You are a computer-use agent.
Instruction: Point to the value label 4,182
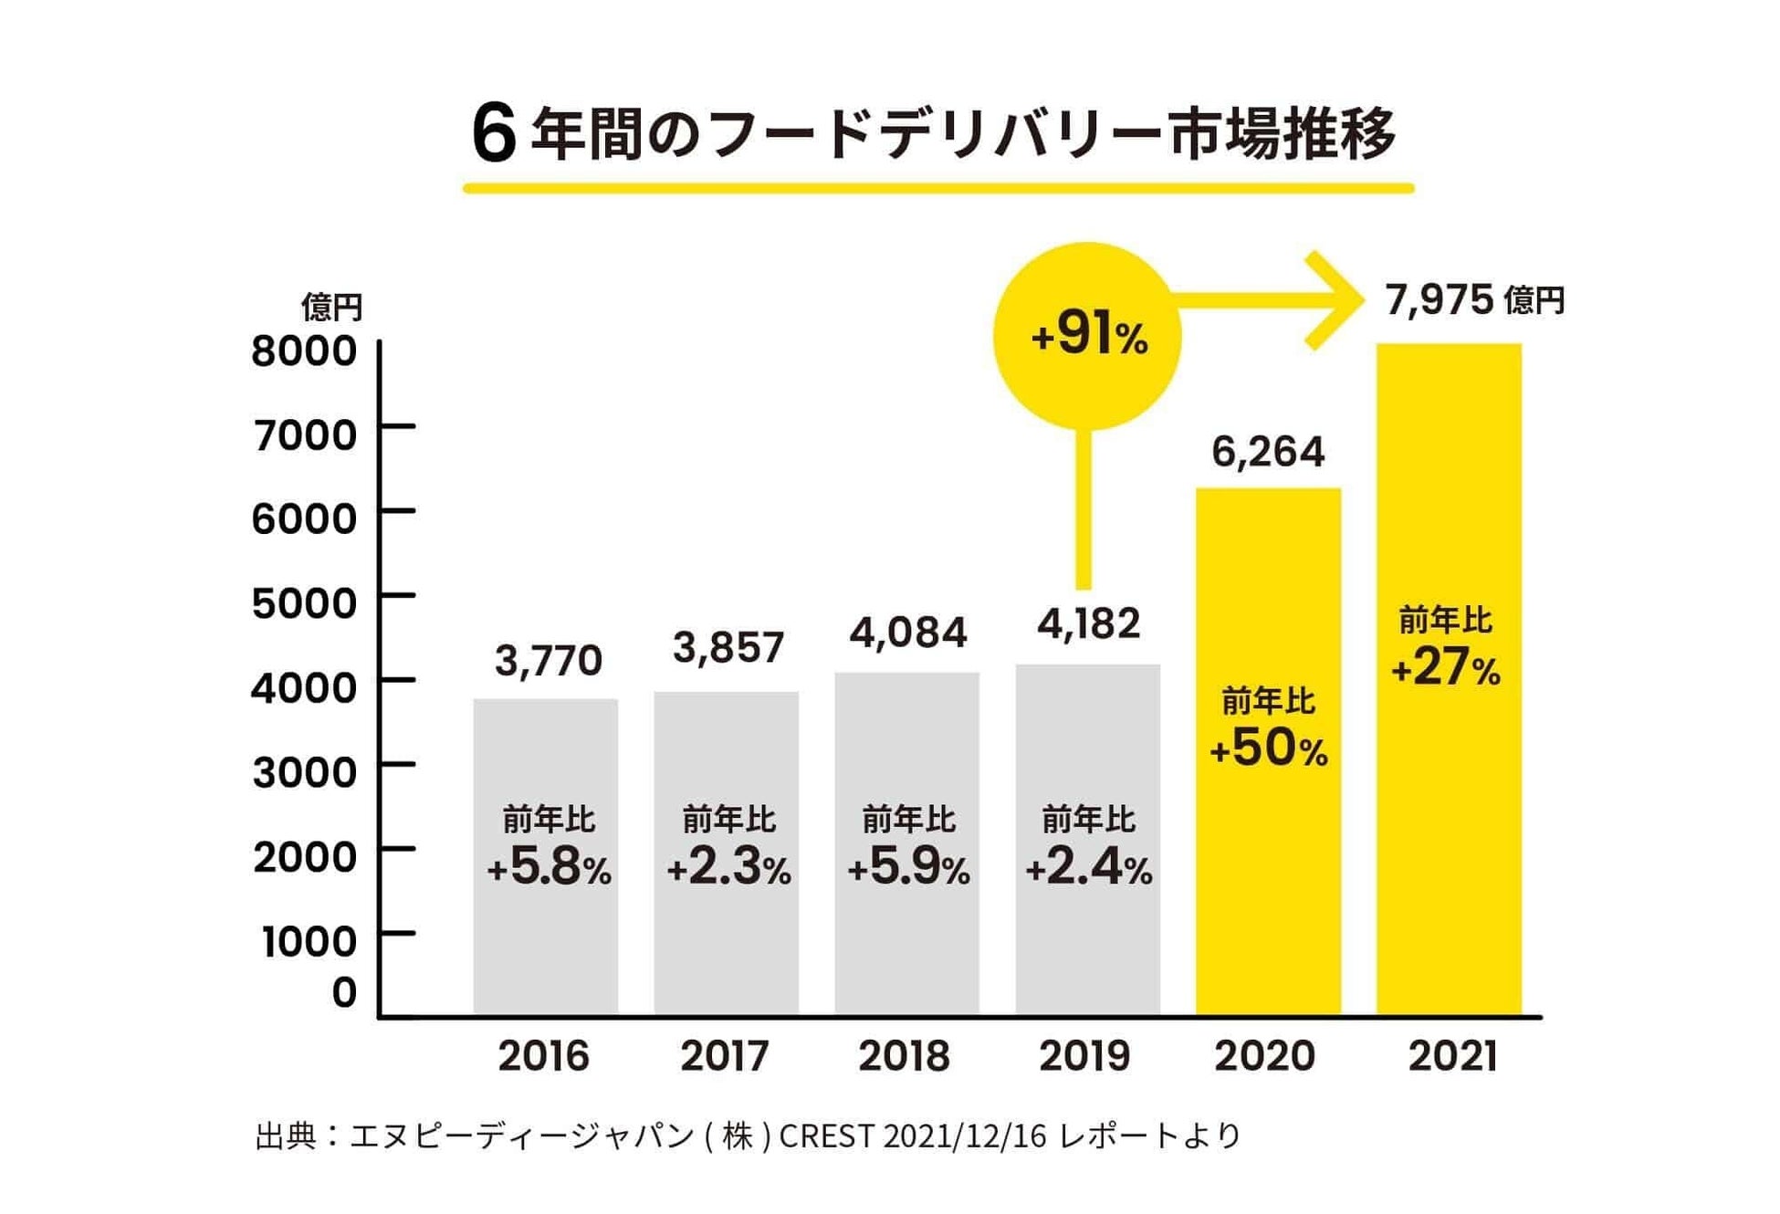pyautogui.click(x=1088, y=624)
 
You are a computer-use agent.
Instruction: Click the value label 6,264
pyautogui.click(x=1268, y=452)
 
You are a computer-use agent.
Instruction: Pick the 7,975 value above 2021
pyautogui.click(x=1440, y=300)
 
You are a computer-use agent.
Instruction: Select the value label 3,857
pyautogui.click(x=728, y=648)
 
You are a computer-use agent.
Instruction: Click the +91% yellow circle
pyautogui.click(x=1087, y=335)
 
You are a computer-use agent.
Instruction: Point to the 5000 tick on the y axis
pyautogui.click(x=304, y=603)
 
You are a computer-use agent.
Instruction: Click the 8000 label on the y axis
pyautogui.click(x=304, y=351)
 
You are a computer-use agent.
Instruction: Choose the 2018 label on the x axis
pyautogui.click(x=904, y=1056)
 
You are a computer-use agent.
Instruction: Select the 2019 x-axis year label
pyautogui.click(x=1084, y=1056)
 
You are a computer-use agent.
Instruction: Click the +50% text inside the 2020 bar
pyautogui.click(x=1268, y=748)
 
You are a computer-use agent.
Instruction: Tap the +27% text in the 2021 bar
pyautogui.click(x=1446, y=667)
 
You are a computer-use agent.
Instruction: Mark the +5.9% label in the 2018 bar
pyautogui.click(x=908, y=867)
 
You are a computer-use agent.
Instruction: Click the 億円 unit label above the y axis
pyautogui.click(x=332, y=307)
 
